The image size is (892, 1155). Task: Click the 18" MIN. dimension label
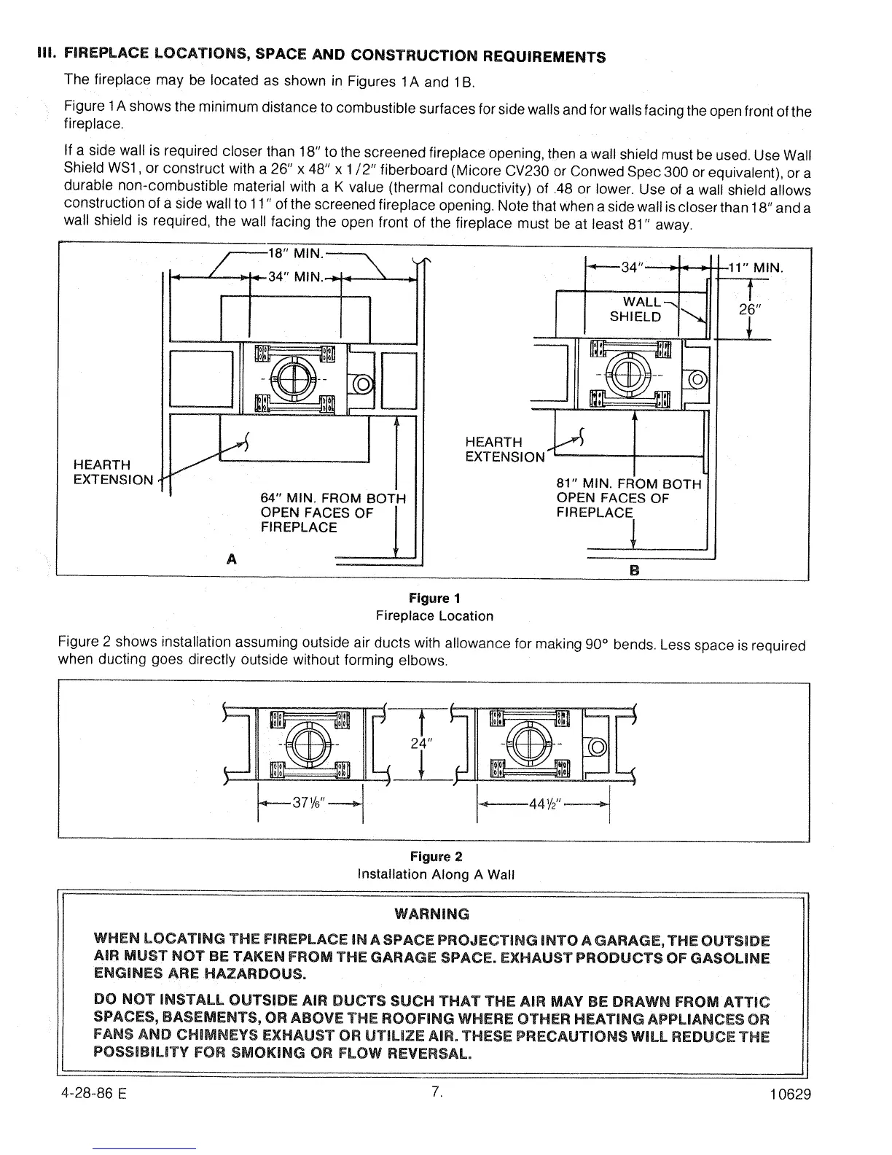[295, 254]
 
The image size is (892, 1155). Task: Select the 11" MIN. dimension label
[756, 268]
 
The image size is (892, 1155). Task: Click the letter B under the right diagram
[634, 570]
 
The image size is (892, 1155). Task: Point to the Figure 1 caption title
[434, 599]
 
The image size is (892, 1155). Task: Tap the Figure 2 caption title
[436, 856]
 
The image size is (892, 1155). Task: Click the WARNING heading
[431, 914]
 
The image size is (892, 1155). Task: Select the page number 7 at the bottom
[435, 1092]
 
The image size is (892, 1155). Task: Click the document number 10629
[791, 1094]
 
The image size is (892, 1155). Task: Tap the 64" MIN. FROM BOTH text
[332, 499]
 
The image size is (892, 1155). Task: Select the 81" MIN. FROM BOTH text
[628, 484]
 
